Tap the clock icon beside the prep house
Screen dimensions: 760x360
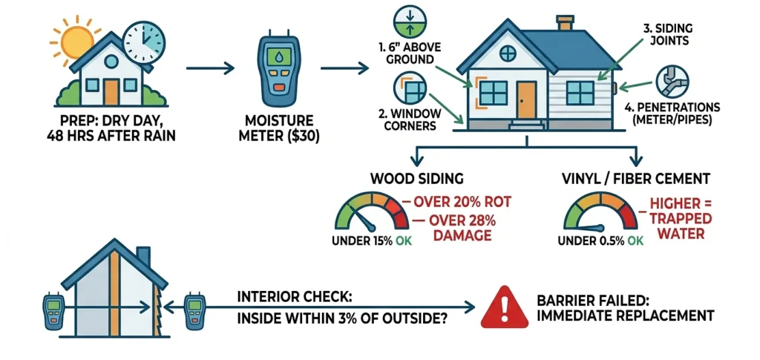pos(143,42)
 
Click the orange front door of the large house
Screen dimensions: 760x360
pos(526,99)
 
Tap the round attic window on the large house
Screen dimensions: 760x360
pos(508,53)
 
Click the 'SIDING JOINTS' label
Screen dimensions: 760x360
pos(666,34)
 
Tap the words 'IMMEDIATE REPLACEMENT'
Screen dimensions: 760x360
pos(625,316)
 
